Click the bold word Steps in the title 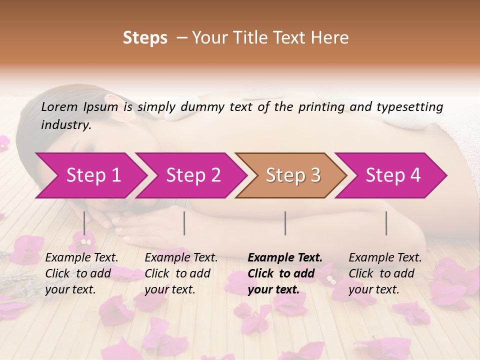click(145, 38)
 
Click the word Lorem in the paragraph click(59, 106)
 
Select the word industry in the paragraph click(65, 125)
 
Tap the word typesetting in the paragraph click(409, 107)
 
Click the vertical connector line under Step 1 click(84, 223)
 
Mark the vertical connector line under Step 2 click(184, 223)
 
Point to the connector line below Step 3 click(285, 223)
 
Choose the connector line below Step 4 click(386, 223)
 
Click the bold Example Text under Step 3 click(285, 258)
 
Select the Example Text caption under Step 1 click(81, 258)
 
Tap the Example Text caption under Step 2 click(181, 258)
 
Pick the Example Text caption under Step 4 click(385, 258)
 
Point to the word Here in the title click(331, 38)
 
